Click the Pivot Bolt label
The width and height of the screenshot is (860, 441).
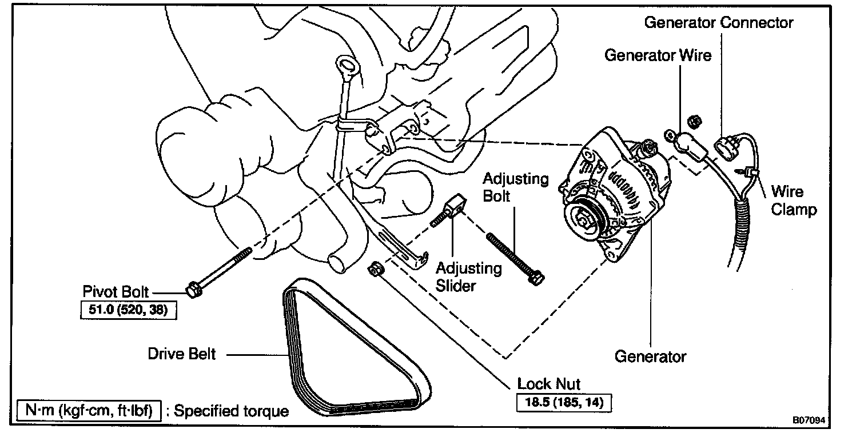click(x=123, y=292)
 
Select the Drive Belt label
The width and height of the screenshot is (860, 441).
click(x=182, y=354)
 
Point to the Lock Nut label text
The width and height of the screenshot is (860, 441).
click(x=549, y=383)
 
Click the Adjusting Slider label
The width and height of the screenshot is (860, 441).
click(x=469, y=276)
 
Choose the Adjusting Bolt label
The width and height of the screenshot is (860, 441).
click(x=516, y=188)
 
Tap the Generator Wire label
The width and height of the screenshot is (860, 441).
click(x=658, y=55)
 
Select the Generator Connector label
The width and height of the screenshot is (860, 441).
click(x=719, y=22)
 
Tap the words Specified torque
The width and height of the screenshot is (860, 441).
click(x=231, y=411)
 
